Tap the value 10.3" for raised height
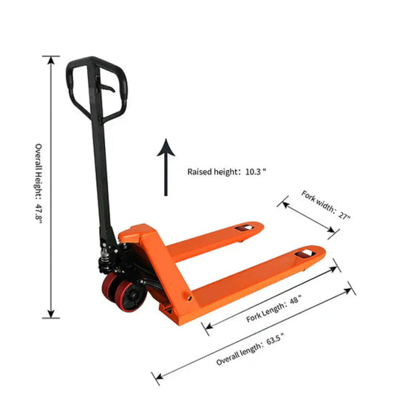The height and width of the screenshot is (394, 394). pyautogui.click(x=254, y=171)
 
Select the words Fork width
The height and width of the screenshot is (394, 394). pyautogui.click(x=317, y=202)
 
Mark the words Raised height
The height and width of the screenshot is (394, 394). pyautogui.click(x=210, y=171)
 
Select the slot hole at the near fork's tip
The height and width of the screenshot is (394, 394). pyautogui.click(x=303, y=256)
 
